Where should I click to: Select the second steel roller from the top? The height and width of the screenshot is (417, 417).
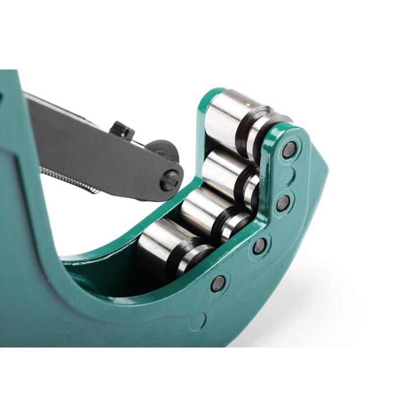pos(223,168)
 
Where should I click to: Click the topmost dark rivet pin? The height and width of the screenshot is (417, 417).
pos(289,151)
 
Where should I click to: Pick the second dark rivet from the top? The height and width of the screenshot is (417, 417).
pos(283,202)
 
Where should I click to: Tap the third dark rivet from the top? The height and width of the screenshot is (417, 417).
pos(259,246)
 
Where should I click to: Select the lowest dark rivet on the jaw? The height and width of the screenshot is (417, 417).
pos(218,283)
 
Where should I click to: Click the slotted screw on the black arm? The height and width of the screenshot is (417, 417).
pos(170,180)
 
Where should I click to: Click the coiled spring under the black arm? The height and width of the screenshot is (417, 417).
pos(69,180)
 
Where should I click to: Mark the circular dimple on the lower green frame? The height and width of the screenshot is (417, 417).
pos(199,320)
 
